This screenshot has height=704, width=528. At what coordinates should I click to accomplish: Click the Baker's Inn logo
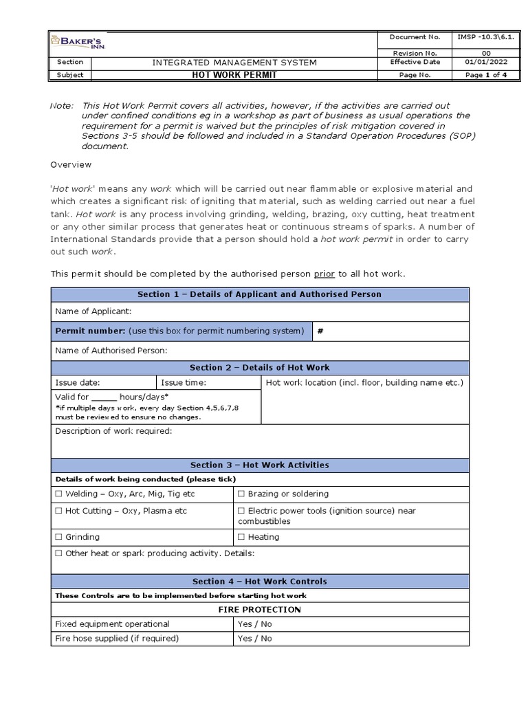pyautogui.click(x=77, y=43)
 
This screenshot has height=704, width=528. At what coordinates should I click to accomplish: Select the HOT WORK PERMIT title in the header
pyautogui.click(x=234, y=75)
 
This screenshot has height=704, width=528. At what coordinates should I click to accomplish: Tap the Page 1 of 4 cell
pyautogui.click(x=486, y=75)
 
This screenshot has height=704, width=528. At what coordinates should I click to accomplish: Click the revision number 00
pyautogui.click(x=486, y=52)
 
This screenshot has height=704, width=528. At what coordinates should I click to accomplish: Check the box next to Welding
pyautogui.click(x=58, y=494)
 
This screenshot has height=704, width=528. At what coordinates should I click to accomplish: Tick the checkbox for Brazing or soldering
pyautogui.click(x=241, y=494)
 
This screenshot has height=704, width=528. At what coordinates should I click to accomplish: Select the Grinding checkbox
pyautogui.click(x=58, y=537)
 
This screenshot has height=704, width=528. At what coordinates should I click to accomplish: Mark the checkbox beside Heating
pyautogui.click(x=241, y=537)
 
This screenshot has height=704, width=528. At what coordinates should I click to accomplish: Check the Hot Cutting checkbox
pyautogui.click(x=58, y=511)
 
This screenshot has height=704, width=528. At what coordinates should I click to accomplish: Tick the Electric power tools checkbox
pyautogui.click(x=241, y=511)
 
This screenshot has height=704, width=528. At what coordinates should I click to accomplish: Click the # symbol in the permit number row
pyautogui.click(x=320, y=331)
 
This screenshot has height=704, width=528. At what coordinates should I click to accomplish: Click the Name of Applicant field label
pyautogui.click(x=93, y=311)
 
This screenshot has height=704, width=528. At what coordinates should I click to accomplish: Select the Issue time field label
pyautogui.click(x=183, y=382)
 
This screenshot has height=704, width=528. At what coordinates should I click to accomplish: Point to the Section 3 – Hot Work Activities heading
pyautogui.click(x=260, y=465)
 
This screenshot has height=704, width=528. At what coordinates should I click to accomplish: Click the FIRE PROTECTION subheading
pyautogui.click(x=260, y=610)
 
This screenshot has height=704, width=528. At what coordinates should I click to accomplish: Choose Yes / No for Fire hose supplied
pyautogui.click(x=254, y=638)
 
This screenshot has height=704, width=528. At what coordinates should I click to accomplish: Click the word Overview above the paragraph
pyautogui.click(x=71, y=165)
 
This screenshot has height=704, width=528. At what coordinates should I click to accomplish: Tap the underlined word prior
pyautogui.click(x=324, y=274)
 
